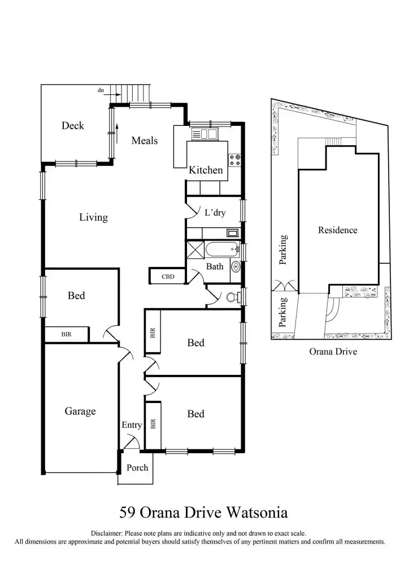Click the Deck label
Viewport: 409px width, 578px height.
pyautogui.click(x=72, y=126)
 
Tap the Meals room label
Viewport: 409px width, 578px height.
pyautogui.click(x=144, y=141)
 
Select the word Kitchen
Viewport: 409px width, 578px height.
pyautogui.click(x=206, y=170)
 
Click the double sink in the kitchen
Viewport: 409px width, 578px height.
pyautogui.click(x=204, y=134)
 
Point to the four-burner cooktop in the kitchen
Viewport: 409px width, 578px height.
pyautogui.click(x=234, y=160)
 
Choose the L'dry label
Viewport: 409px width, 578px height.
pyautogui.click(x=215, y=213)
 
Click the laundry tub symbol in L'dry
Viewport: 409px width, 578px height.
pyautogui.click(x=232, y=233)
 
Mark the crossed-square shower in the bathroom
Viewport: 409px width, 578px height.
pyautogui.click(x=195, y=249)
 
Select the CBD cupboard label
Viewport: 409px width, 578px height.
pyautogui.click(x=167, y=277)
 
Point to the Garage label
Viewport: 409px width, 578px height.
pyautogui.click(x=80, y=411)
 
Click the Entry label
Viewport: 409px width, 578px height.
pyautogui.click(x=132, y=425)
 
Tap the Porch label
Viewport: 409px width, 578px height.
pyautogui.click(x=137, y=467)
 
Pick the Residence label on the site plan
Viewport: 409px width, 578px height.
pyautogui.click(x=337, y=230)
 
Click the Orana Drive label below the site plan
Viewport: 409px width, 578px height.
pyautogui.click(x=333, y=351)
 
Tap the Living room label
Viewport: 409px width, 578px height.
pyautogui.click(x=93, y=217)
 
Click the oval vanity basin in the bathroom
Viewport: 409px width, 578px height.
pyautogui.click(x=236, y=267)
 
